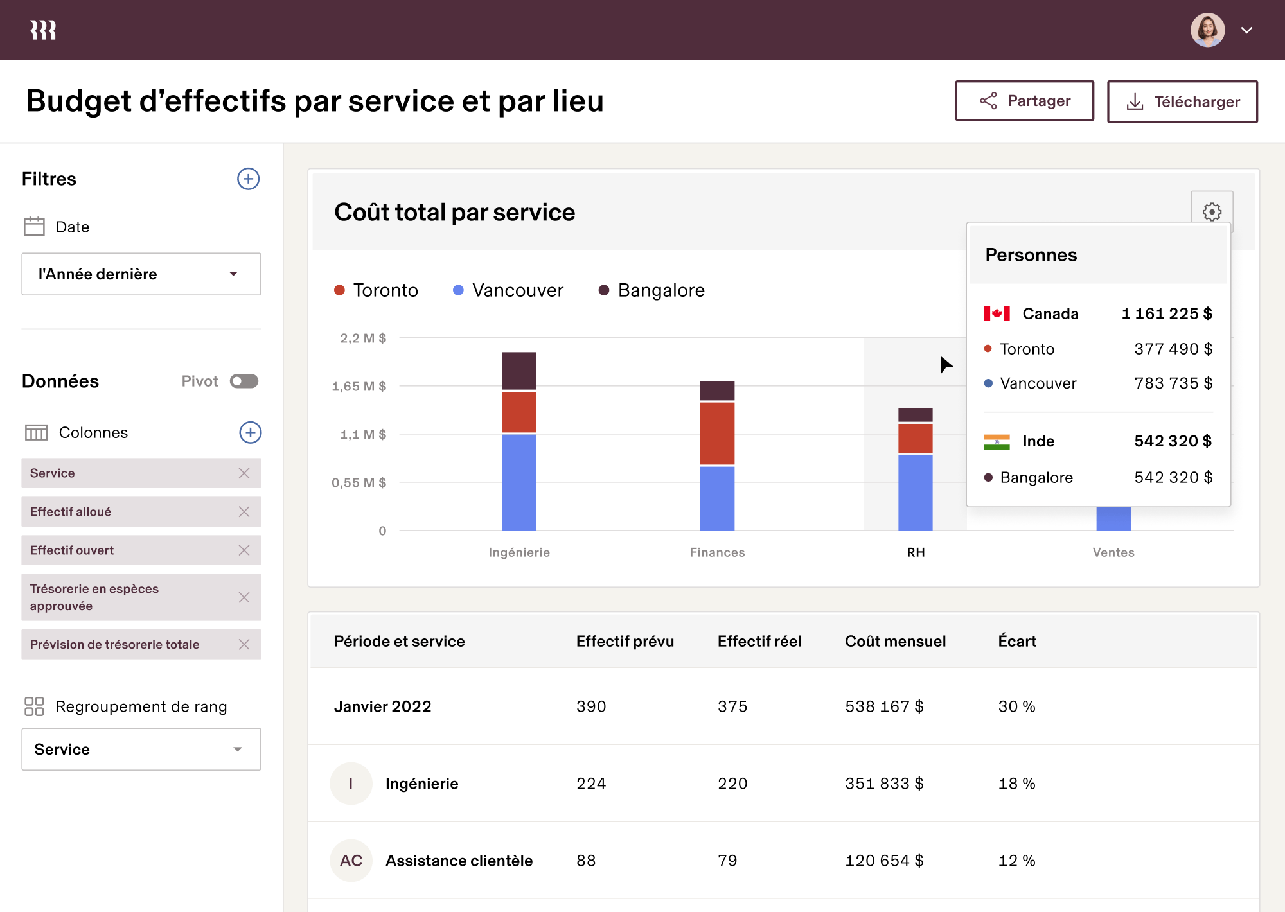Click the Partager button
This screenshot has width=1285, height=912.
point(1024,101)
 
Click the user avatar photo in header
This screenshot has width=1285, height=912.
point(1207,30)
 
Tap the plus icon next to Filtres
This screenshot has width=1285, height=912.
point(248,179)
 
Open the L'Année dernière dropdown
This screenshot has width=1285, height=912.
point(141,274)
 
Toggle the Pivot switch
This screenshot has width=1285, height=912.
point(244,381)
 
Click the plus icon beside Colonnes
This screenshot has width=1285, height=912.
point(250,432)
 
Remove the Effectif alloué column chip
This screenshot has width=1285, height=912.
point(244,512)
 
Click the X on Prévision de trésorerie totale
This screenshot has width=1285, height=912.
point(244,644)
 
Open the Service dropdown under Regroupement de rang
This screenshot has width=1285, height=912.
point(141,750)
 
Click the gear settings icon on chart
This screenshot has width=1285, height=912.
point(1212,211)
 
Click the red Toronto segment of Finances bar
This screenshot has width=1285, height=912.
point(717,433)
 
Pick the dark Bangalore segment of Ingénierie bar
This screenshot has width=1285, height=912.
point(519,371)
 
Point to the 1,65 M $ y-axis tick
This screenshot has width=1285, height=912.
point(359,386)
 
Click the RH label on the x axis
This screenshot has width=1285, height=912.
point(916,552)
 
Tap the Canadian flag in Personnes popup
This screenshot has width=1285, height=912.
point(997,313)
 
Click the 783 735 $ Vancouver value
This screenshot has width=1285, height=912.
point(1173,383)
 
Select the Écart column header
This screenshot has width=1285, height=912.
point(1017,641)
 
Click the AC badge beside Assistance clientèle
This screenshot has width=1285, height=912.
point(351,861)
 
